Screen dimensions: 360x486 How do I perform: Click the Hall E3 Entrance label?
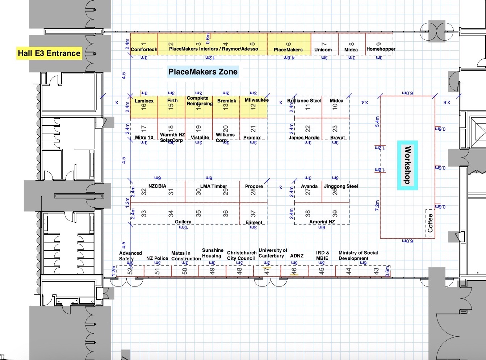49,53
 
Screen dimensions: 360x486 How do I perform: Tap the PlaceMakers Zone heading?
203,72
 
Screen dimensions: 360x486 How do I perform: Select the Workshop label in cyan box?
407,165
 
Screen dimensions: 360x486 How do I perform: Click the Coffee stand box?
430,223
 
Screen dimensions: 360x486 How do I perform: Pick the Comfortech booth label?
144,50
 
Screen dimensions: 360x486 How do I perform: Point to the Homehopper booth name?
381,49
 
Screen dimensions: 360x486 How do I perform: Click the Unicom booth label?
323,50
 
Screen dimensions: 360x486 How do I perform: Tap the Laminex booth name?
144,101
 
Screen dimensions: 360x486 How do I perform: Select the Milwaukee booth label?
256,100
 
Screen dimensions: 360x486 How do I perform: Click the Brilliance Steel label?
304,101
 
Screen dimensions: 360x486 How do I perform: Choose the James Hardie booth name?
304,138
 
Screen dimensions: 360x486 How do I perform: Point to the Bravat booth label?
338,138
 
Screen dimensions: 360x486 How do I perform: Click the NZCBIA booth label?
157,186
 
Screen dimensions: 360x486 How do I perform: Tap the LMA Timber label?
214,186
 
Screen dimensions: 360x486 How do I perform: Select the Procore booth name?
254,186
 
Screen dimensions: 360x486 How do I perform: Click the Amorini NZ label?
322,222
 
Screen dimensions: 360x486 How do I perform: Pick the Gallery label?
183,222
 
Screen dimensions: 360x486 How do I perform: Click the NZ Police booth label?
157,258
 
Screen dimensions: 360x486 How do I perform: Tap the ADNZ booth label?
297,256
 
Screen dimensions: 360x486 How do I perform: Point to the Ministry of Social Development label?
358,255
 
